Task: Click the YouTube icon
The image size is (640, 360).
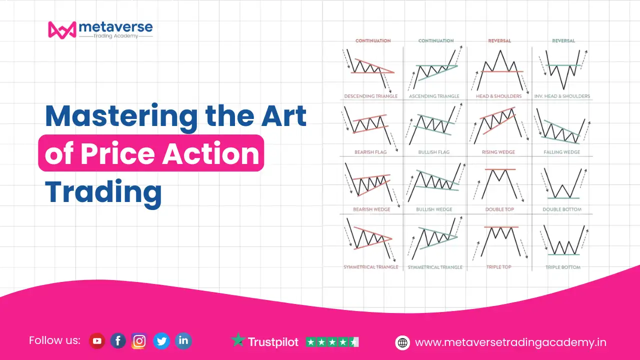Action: click(x=97, y=340)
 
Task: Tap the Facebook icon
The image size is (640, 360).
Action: click(x=118, y=340)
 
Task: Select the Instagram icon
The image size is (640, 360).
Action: click(x=139, y=340)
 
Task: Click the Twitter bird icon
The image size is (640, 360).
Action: click(x=161, y=340)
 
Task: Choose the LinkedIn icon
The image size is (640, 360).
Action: click(x=183, y=340)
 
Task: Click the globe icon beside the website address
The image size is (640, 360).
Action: click(x=402, y=342)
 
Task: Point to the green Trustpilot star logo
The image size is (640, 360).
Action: click(x=238, y=339)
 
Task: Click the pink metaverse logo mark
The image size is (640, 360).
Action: click(x=62, y=29)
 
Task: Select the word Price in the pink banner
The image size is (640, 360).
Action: click(x=117, y=154)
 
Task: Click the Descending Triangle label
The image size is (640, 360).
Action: click(x=371, y=96)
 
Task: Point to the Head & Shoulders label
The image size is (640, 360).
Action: click(x=499, y=96)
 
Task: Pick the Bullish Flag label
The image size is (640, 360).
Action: click(x=434, y=152)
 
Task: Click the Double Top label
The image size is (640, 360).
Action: click(x=499, y=209)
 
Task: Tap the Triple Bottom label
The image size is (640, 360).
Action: click(x=563, y=267)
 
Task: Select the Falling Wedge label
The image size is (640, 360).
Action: click(x=561, y=152)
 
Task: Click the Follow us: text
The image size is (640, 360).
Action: click(x=54, y=340)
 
